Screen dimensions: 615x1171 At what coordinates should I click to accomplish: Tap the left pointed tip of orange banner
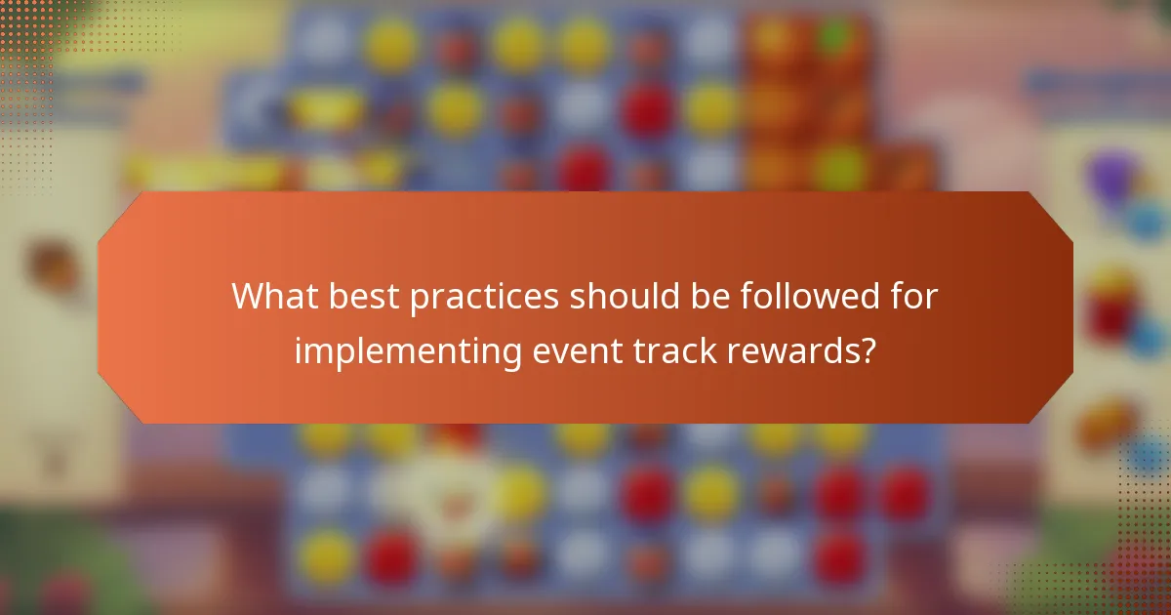click(x=100, y=307)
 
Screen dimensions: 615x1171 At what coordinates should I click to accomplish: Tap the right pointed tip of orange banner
click(x=1071, y=307)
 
